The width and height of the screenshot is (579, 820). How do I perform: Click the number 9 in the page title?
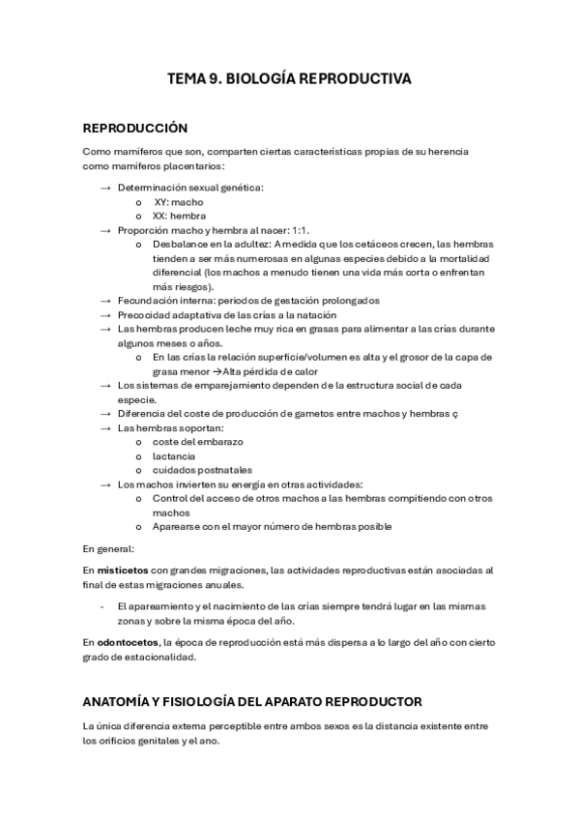[x=213, y=79]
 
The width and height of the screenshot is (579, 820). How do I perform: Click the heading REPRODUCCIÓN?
[x=135, y=129]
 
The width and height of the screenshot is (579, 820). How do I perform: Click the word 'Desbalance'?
[x=179, y=245]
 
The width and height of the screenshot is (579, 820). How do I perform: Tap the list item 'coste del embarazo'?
[x=197, y=442]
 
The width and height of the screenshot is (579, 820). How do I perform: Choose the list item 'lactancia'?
[x=174, y=455]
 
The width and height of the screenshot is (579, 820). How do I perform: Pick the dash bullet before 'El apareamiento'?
[x=102, y=606]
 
